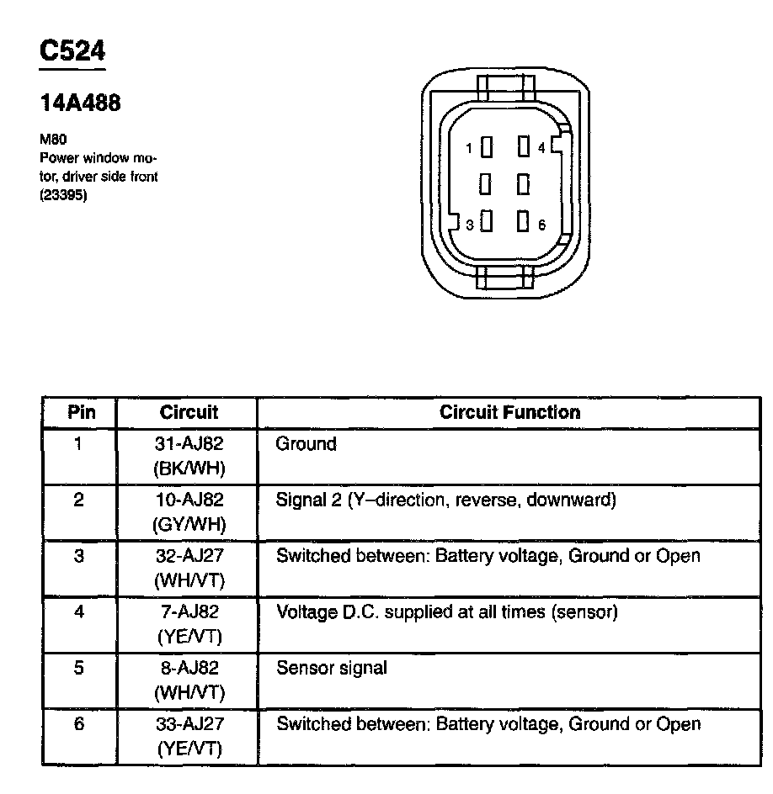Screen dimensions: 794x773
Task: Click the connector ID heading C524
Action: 72,51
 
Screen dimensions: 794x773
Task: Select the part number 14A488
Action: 81,103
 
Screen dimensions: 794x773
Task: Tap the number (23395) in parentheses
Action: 64,198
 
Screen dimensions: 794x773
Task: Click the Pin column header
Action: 81,412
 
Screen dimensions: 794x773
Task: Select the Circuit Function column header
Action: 509,412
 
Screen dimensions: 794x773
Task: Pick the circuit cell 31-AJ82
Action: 189,444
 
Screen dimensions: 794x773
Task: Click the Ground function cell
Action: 306,444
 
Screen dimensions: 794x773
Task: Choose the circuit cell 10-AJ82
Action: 189,500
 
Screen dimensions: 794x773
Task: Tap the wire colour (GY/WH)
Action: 189,524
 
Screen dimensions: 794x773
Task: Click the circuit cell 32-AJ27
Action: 189,556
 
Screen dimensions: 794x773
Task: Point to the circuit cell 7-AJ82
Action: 189,612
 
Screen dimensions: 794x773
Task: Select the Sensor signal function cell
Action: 332,669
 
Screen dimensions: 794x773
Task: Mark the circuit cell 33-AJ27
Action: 189,724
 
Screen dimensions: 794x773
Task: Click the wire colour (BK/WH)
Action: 189,468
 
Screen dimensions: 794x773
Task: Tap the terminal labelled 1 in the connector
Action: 486,148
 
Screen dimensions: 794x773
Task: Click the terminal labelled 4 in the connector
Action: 523,148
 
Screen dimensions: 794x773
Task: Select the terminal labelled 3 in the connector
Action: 486,222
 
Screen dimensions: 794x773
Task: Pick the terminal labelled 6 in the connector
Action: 523,222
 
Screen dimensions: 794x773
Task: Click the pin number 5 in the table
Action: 79,669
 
